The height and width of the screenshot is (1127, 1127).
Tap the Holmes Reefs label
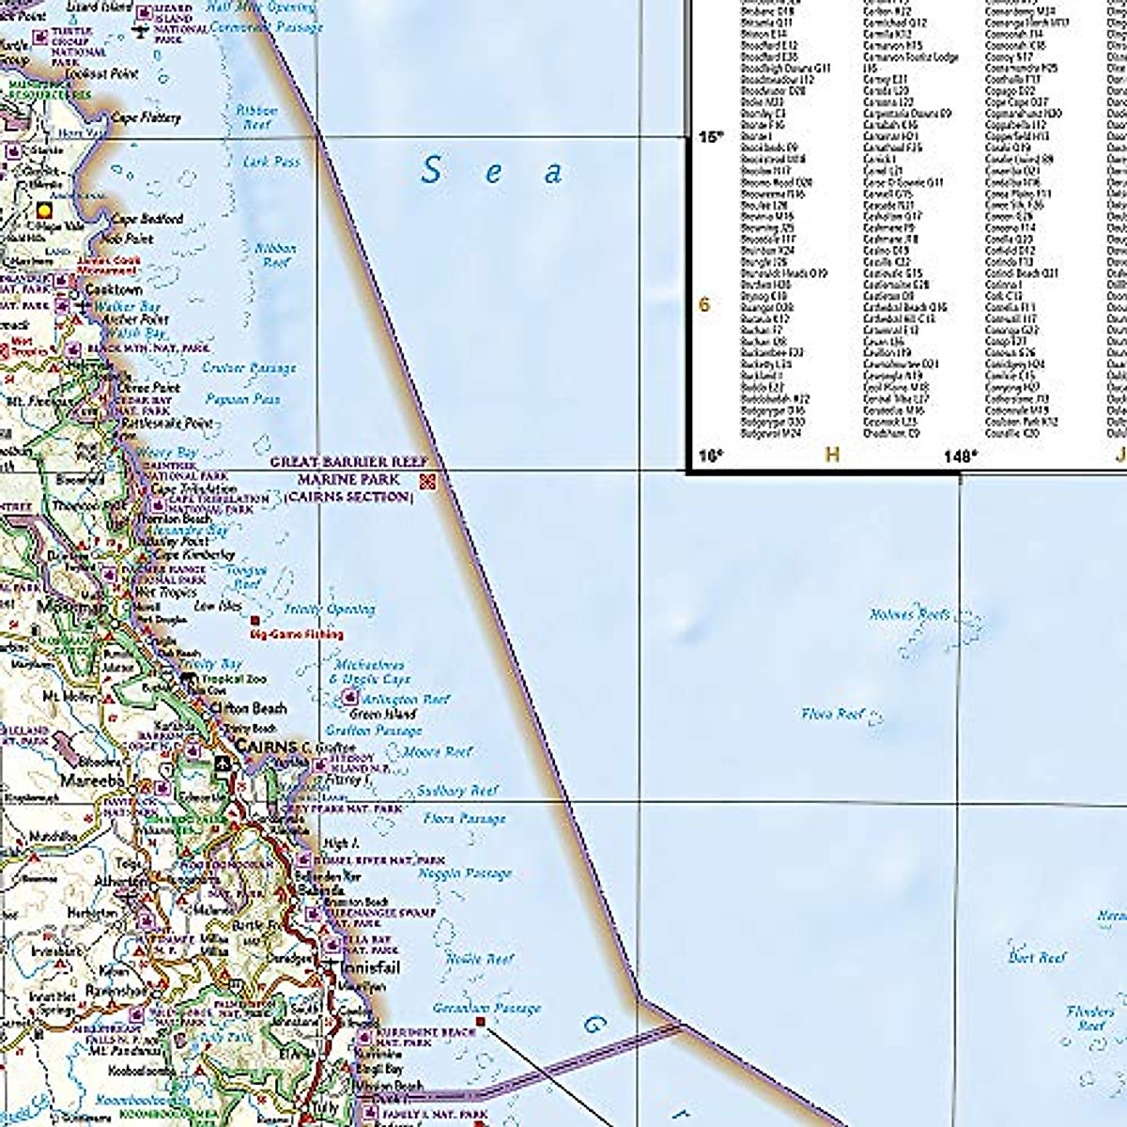909,615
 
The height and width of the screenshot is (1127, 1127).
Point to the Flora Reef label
833,714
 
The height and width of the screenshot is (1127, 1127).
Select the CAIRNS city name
267,746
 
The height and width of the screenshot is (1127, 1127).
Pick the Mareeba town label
92,780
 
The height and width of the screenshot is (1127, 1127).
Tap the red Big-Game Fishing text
296,635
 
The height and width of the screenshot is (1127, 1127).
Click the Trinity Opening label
329,610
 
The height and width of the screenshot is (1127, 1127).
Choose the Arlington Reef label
406,700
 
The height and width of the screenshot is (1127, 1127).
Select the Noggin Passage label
466,873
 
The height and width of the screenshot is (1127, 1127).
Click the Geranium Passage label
486,1009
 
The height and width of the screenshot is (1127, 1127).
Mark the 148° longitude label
961,456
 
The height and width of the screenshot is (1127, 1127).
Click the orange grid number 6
704,304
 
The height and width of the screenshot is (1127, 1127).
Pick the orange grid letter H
831,455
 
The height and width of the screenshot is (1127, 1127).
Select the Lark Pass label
271,162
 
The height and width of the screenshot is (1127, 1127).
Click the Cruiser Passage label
249,368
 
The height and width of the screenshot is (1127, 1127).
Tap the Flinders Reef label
1090,1018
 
